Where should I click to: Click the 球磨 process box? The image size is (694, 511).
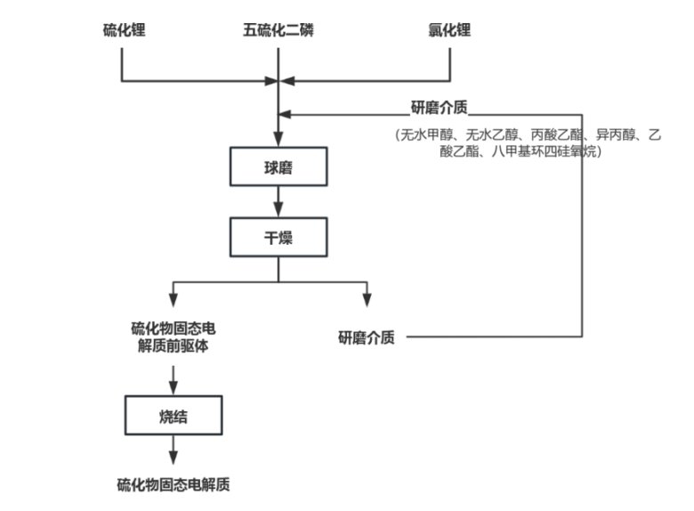(x=278, y=166)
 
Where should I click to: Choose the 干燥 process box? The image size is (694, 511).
(x=278, y=237)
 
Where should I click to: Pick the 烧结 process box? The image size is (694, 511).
(x=173, y=415)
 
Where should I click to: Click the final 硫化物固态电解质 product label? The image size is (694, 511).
(x=173, y=485)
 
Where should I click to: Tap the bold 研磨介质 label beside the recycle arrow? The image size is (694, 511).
(x=440, y=108)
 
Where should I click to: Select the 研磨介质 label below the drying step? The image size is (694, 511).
(x=366, y=337)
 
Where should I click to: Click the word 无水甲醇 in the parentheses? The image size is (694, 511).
(x=426, y=135)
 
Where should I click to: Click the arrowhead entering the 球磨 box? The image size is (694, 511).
(x=278, y=142)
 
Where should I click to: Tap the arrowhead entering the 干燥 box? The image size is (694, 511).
(x=278, y=213)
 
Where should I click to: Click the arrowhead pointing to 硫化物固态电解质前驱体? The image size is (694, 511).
(x=173, y=300)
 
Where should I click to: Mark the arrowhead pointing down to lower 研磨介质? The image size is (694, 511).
(x=366, y=300)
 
